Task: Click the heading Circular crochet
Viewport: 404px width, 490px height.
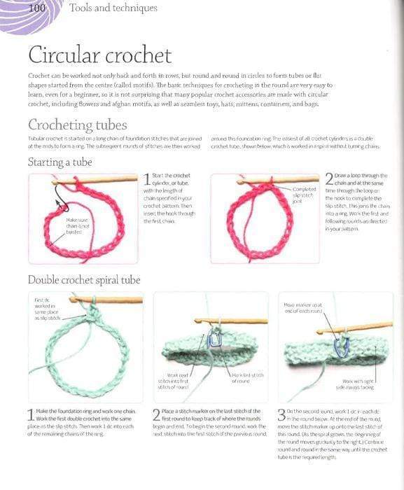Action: (99, 55)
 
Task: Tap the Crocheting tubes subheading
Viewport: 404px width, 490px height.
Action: (77, 125)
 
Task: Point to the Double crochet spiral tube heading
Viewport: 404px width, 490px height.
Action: (84, 280)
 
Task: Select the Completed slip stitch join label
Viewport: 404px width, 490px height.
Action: (304, 195)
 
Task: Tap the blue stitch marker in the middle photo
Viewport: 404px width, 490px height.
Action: (217, 339)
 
